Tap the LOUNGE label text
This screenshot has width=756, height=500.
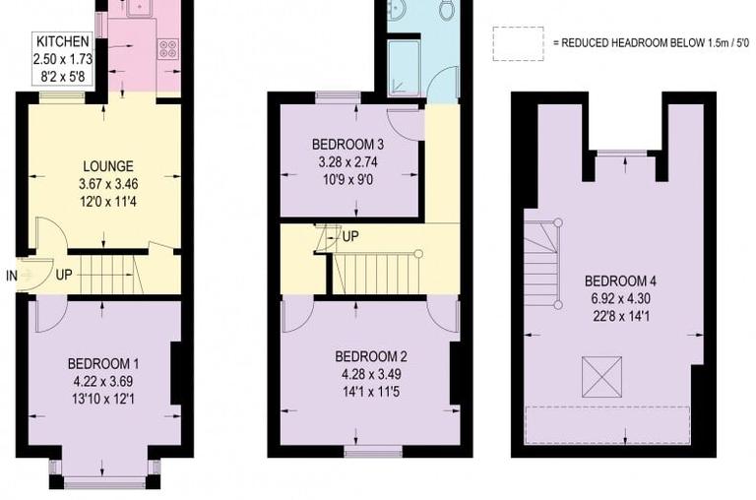coord(107,166)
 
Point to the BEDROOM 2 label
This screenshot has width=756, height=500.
coord(370,356)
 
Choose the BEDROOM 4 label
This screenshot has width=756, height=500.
coord(616,279)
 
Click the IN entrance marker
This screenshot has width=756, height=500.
coord(11,275)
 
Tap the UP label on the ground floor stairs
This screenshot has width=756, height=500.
coord(65,275)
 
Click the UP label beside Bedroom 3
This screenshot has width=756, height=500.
coord(349,237)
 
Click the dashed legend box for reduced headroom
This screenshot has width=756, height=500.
coord(518,44)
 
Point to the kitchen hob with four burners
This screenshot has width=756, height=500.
coord(167,48)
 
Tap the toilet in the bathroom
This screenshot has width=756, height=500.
coord(445,10)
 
